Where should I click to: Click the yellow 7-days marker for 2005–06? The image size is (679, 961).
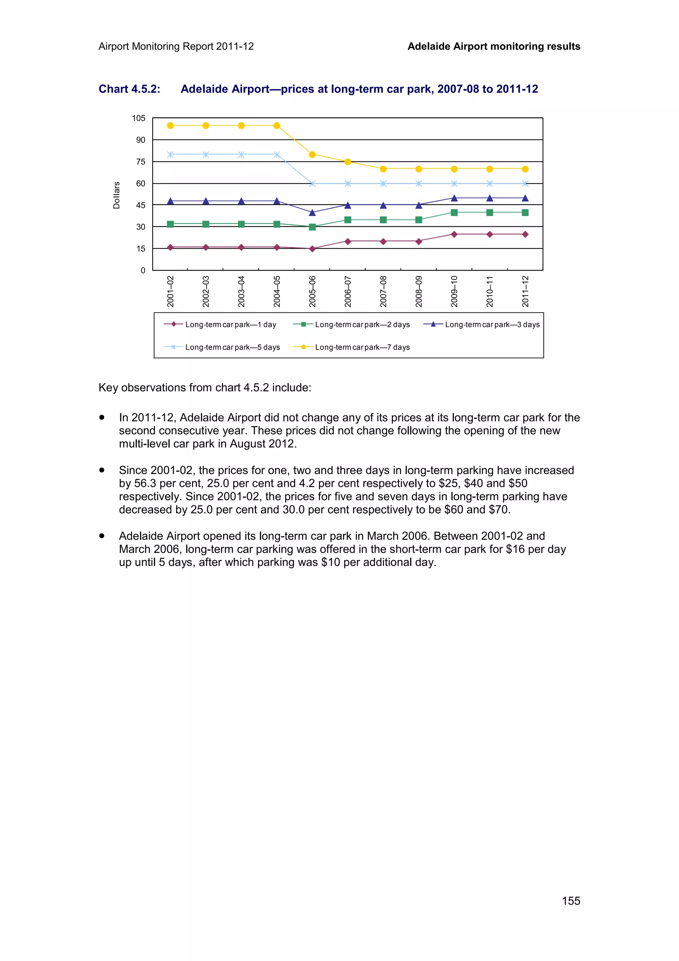click(x=312, y=155)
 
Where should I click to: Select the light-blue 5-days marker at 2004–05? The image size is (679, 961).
click(x=277, y=155)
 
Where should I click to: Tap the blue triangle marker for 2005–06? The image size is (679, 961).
click(x=312, y=213)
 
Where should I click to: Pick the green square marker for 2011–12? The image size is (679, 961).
click(x=525, y=213)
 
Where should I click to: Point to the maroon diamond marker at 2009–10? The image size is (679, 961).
click(x=454, y=234)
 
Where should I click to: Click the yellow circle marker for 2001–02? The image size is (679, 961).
click(x=170, y=126)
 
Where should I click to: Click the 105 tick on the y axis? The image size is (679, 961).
click(x=139, y=118)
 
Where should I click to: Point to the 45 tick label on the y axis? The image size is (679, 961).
click(x=141, y=206)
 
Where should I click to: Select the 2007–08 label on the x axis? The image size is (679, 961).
click(x=383, y=291)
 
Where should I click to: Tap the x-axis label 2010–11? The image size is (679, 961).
click(x=489, y=291)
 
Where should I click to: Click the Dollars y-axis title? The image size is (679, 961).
click(x=116, y=195)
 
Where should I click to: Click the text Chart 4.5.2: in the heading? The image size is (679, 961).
click(x=129, y=89)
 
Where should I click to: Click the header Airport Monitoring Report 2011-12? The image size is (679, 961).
click(x=176, y=46)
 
